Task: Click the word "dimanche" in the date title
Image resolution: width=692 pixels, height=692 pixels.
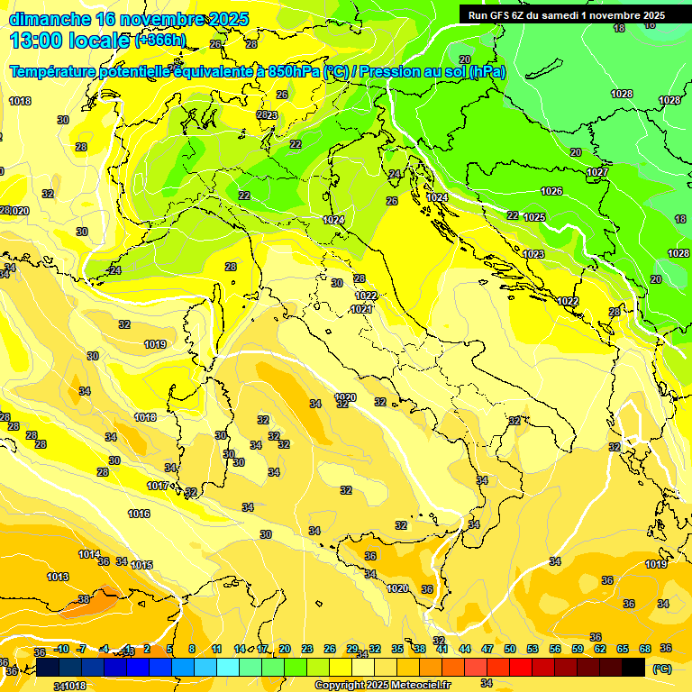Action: point(49,19)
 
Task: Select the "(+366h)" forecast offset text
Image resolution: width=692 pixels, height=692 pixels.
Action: point(160,41)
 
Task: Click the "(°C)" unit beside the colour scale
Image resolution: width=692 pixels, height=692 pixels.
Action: point(661,669)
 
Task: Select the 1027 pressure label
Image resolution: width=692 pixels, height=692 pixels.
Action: point(597,172)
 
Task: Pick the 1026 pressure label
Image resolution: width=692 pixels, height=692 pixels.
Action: point(551,191)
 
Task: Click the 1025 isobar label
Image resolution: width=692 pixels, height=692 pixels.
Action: point(534,217)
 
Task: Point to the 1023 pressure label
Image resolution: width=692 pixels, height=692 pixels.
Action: point(533,254)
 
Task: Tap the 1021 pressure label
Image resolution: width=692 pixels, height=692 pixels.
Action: point(361,309)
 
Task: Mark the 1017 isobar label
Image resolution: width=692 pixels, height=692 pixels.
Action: point(158,486)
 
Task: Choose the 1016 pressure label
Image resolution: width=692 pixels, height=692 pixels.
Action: point(139,514)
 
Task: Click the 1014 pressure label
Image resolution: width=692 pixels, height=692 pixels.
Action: point(89,554)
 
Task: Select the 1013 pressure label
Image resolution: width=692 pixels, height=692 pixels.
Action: point(58,577)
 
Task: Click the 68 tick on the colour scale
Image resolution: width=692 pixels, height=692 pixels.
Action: point(645,649)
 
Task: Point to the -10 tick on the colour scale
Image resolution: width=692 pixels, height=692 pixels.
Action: point(61,649)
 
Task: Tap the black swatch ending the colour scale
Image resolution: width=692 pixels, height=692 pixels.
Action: point(633,667)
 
